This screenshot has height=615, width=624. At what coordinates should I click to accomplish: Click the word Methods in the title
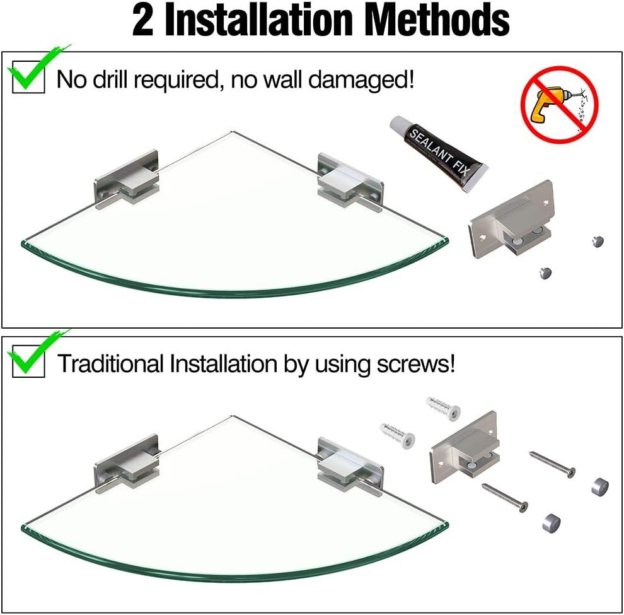437,20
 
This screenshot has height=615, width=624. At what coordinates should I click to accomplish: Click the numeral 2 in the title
143,20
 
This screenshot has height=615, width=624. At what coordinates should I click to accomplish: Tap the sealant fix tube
439,153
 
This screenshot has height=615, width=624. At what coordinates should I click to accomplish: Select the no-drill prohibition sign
560,105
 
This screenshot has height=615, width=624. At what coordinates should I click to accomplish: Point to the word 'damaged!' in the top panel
361,79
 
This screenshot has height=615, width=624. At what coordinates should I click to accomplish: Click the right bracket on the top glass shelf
350,180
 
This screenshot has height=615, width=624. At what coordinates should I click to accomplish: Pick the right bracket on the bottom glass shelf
350,465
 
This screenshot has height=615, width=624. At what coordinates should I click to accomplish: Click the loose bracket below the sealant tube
511,219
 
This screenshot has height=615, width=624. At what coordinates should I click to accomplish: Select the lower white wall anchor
398,435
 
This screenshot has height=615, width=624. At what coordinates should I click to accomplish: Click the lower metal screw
505,498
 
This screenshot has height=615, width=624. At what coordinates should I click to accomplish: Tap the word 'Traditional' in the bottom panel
111,363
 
